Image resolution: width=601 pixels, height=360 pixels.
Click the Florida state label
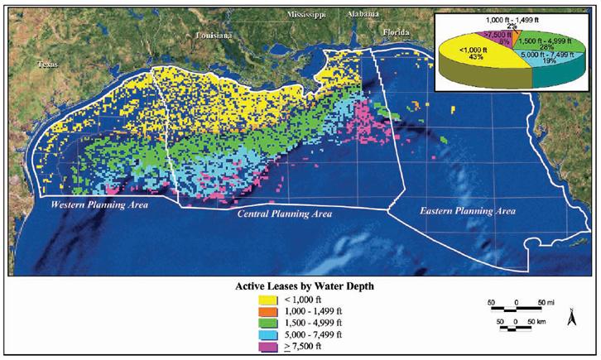(397, 32)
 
